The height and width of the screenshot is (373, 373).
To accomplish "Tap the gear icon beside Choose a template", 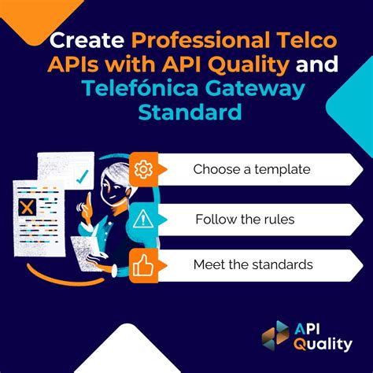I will [x=143, y=169].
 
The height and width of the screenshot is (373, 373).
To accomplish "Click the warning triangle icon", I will [x=143, y=218].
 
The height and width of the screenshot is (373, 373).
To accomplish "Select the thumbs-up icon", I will [x=143, y=264].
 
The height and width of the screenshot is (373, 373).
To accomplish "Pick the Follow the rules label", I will [x=245, y=219].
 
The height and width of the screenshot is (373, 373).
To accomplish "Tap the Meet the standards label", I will [x=253, y=264].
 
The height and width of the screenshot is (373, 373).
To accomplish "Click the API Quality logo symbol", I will [x=277, y=335].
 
